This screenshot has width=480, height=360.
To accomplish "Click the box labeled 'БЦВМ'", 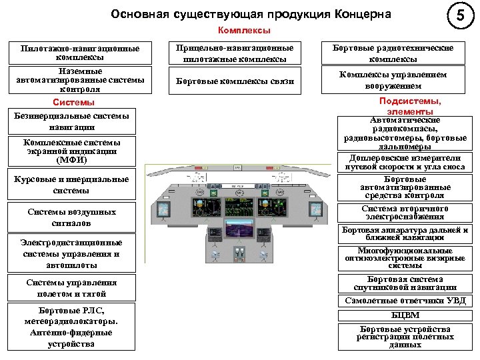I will [405, 315].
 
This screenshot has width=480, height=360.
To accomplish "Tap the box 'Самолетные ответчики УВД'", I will [405, 301].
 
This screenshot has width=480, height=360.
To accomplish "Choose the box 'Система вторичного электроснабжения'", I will [405, 213].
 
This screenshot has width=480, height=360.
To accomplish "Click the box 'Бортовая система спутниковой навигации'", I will [405, 283].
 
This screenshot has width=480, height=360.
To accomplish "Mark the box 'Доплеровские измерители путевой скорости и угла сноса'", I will [405, 163].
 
